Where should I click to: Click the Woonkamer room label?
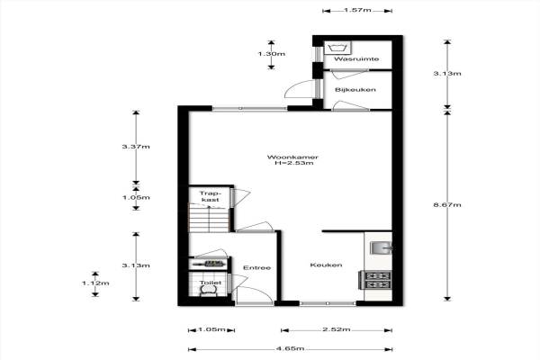point(292,157)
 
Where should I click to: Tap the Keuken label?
point(326,265)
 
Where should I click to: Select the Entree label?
point(256,267)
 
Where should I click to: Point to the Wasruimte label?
point(356,58)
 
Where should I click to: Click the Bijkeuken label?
point(355,90)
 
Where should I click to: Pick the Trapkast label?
point(210,196)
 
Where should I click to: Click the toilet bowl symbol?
point(209,292)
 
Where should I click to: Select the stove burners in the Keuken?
point(377,280)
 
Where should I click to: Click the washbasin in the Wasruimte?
point(337,48)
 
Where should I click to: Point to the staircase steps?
point(209,219)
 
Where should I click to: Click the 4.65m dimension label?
point(290,348)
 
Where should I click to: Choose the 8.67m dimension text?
point(447,205)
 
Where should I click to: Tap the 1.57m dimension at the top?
point(357,10)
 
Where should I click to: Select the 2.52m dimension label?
point(337,329)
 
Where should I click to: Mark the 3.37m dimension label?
point(136,147)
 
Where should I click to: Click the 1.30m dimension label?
point(272,54)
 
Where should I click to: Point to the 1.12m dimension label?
point(95,283)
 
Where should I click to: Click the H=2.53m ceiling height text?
point(294,163)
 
